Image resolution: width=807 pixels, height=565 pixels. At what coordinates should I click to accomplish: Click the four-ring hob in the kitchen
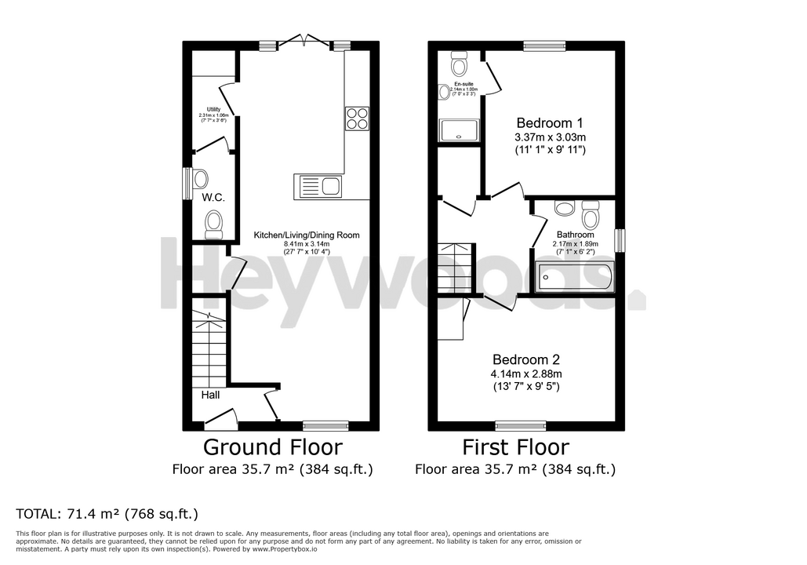pyautogui.click(x=356, y=118)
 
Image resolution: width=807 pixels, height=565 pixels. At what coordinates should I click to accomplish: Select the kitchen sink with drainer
pyautogui.click(x=318, y=186)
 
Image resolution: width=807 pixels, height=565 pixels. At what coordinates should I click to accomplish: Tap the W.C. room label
pyautogui.click(x=213, y=198)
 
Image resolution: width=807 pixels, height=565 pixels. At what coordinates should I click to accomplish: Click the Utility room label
pyautogui.click(x=213, y=110)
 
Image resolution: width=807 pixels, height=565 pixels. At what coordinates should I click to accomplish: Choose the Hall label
pyautogui.click(x=209, y=395)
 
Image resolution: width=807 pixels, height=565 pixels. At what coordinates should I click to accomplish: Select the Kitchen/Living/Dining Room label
pyautogui.click(x=306, y=235)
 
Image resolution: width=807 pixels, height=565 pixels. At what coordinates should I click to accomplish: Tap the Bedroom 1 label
pyautogui.click(x=549, y=123)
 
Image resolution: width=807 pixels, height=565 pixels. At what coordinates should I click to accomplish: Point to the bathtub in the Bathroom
pyautogui.click(x=574, y=278)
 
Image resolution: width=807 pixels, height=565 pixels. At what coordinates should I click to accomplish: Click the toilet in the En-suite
pyautogui.click(x=459, y=60)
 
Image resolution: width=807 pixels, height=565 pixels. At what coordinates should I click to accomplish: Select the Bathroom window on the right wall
pyautogui.click(x=620, y=240)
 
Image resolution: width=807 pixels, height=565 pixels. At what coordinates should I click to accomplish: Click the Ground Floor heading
pyautogui.click(x=272, y=447)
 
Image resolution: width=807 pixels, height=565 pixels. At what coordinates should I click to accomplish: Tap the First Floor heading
pyautogui.click(x=515, y=447)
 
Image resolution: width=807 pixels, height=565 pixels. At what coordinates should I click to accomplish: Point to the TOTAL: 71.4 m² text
pyautogui.click(x=107, y=514)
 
